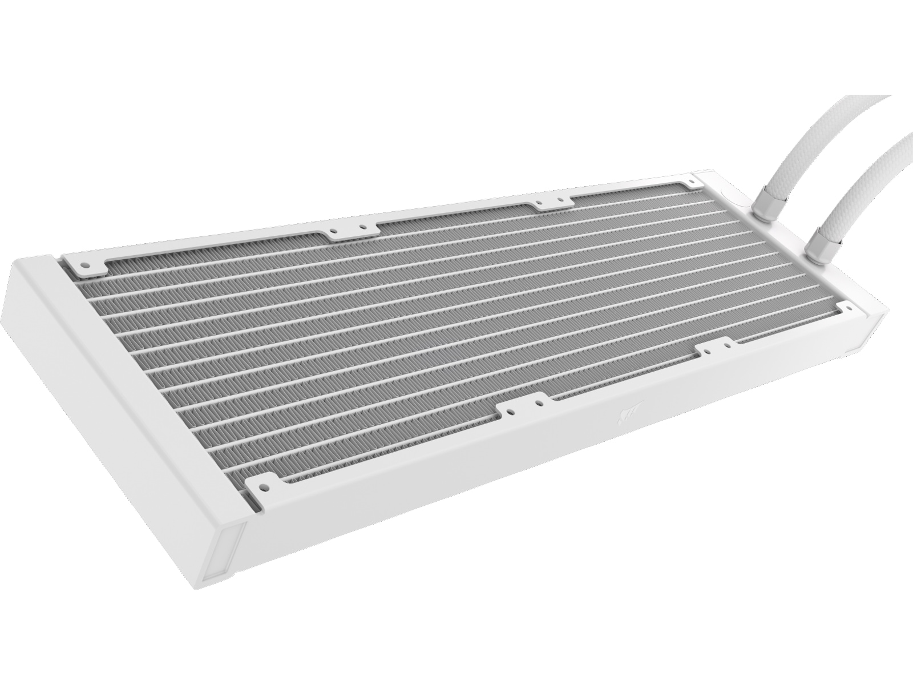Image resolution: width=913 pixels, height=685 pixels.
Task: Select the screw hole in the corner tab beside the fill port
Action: (x=691, y=180)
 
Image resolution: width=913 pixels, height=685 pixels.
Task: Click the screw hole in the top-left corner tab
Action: (x=85, y=265)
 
